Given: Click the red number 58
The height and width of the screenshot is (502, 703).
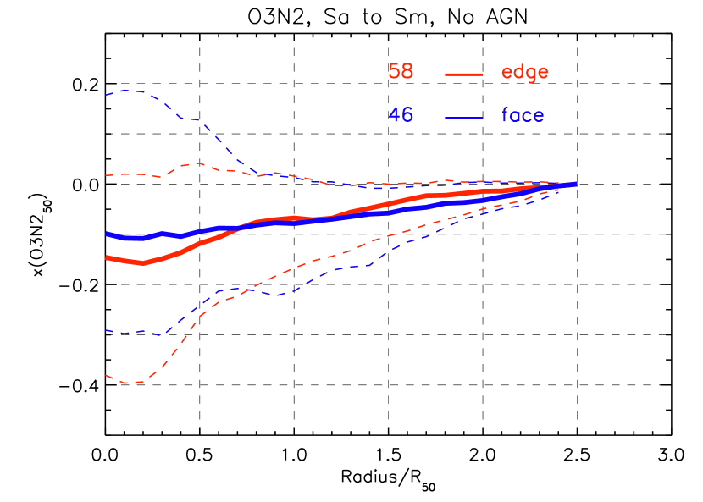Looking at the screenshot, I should coord(401,72).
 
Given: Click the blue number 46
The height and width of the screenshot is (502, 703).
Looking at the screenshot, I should coord(401,115).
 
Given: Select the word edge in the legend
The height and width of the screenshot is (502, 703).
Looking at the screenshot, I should coord(524,73).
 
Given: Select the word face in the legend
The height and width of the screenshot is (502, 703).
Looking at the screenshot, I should coord(523,115).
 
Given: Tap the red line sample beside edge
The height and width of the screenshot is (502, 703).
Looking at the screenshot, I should coord(464,74).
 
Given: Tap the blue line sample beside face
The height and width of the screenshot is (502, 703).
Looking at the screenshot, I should coord(464,118).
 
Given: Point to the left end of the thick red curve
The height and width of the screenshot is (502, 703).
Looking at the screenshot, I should coord(107,257).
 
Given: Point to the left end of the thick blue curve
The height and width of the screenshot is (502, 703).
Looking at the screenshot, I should coord(107,234).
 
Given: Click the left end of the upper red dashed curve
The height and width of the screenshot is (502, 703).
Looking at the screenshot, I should coord(106,175).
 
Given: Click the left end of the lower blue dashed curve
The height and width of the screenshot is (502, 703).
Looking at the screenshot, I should coord(106,331).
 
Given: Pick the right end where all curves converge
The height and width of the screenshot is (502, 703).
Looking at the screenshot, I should coord(576,184).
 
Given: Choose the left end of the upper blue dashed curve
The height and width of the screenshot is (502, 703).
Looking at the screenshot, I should coord(106,95).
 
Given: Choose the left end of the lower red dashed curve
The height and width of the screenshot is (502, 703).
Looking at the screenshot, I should coord(106,375).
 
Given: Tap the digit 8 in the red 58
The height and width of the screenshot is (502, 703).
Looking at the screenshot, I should coord(407,72).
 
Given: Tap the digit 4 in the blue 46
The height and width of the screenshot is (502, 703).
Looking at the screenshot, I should coord(394,115).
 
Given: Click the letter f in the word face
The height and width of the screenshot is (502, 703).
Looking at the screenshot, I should coord(506,114).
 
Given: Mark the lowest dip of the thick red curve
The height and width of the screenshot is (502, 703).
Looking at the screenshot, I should coord(142,263).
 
